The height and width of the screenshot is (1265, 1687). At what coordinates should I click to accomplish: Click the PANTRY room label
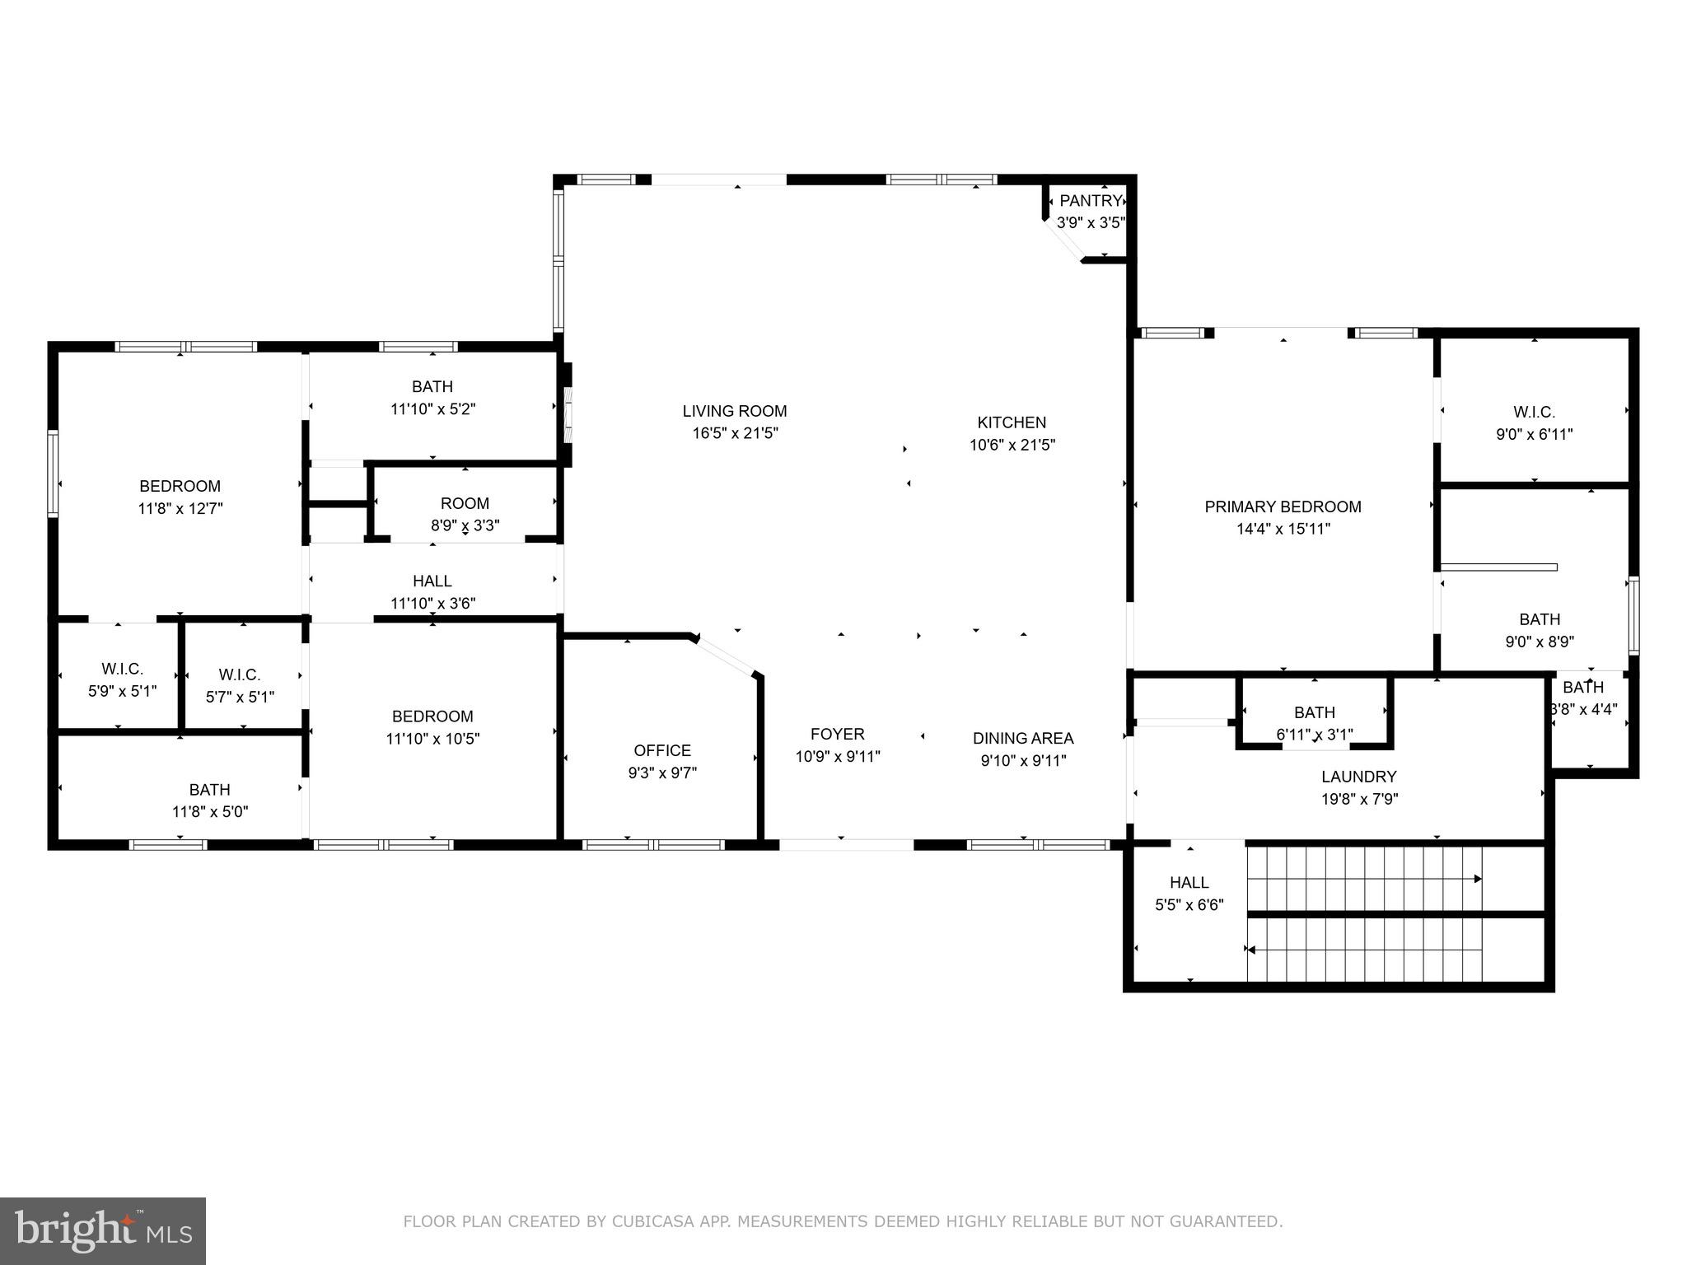(x=1091, y=201)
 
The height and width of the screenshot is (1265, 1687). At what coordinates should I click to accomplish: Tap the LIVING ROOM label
(x=735, y=411)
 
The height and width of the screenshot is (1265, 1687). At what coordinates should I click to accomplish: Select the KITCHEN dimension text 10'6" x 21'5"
(x=1012, y=445)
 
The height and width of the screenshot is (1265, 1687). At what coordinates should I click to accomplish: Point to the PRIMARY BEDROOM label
(x=1283, y=506)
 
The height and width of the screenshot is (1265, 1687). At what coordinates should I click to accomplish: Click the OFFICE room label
(x=662, y=750)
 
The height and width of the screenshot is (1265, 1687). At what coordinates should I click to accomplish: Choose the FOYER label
(x=838, y=734)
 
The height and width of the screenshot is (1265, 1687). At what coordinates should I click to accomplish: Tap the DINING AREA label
(x=1023, y=738)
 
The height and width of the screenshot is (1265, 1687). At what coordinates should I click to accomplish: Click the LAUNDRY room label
(x=1359, y=777)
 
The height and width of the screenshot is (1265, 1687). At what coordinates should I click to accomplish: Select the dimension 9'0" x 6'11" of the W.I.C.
(x=1535, y=434)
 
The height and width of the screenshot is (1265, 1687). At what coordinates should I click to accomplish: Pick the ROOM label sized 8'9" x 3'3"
(x=465, y=503)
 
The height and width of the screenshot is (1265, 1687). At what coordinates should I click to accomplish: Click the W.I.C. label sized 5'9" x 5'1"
(x=123, y=669)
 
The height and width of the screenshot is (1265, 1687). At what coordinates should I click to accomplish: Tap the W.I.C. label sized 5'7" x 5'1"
(x=240, y=675)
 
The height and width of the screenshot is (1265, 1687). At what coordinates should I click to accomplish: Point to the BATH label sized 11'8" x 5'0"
(x=210, y=790)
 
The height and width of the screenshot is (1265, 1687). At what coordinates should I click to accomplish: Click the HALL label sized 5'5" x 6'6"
(x=1189, y=883)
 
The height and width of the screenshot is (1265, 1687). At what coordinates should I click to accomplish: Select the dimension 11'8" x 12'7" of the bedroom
(x=180, y=508)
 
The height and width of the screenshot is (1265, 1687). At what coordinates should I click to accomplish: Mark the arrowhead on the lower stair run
(x=1250, y=950)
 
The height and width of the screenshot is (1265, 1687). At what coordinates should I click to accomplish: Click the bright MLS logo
(x=103, y=1231)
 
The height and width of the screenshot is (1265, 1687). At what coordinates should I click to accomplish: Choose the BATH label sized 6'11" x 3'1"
(x=1315, y=712)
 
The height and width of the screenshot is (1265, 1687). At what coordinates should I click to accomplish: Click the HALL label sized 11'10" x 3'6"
(x=432, y=581)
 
